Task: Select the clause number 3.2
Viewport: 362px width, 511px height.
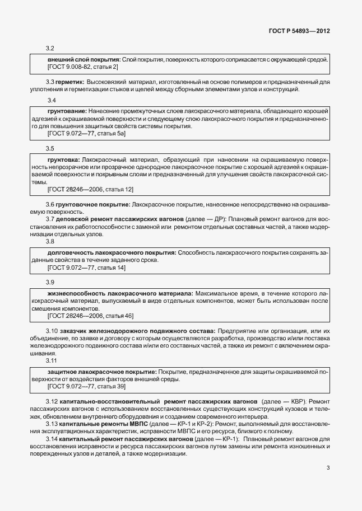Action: coord(50,49)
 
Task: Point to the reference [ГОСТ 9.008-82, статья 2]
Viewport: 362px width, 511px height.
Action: coord(83,67)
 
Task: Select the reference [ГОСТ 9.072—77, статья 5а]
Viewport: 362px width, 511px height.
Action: coord(87,134)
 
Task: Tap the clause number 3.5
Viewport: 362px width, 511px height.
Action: coord(50,148)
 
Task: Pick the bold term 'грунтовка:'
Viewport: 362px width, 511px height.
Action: coord(64,160)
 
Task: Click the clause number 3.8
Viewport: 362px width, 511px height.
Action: coord(50,241)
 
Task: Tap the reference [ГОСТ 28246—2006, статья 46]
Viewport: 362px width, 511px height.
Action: coord(91,316)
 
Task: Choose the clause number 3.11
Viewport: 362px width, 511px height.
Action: coord(52,361)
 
